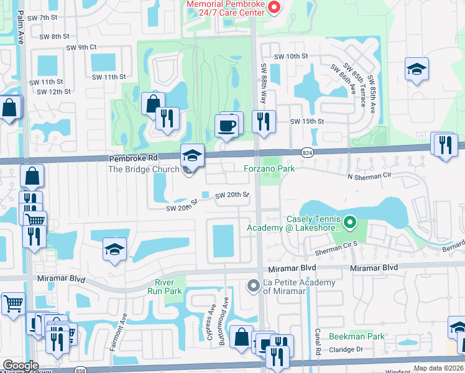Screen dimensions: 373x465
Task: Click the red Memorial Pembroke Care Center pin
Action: (274, 8)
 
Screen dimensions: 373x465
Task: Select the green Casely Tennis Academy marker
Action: (350, 221)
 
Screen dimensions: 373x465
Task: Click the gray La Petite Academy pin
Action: (253, 286)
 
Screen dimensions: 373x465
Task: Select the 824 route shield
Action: (309, 151)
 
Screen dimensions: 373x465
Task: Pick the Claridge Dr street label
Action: (350, 349)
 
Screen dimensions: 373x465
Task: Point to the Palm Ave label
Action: (20, 30)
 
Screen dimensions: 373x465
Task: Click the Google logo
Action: (20, 366)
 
